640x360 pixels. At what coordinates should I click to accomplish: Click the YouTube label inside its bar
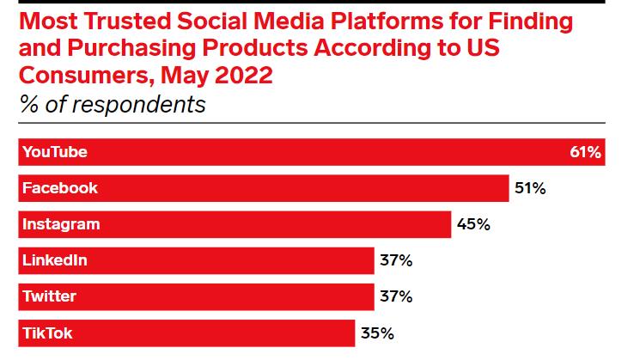55,152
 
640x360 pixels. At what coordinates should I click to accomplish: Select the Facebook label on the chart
60,188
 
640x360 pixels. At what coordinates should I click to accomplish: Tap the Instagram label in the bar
61,224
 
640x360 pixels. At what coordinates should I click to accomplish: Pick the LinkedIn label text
55,260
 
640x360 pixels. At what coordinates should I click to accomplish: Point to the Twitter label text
50,296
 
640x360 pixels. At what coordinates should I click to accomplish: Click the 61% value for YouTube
585,152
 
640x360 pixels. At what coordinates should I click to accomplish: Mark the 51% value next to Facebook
529,188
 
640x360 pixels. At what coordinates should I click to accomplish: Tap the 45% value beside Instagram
472,224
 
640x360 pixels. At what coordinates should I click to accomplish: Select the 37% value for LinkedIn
396,260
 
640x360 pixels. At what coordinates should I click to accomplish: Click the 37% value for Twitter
396,296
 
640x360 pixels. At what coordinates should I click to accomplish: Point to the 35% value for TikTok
377,333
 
